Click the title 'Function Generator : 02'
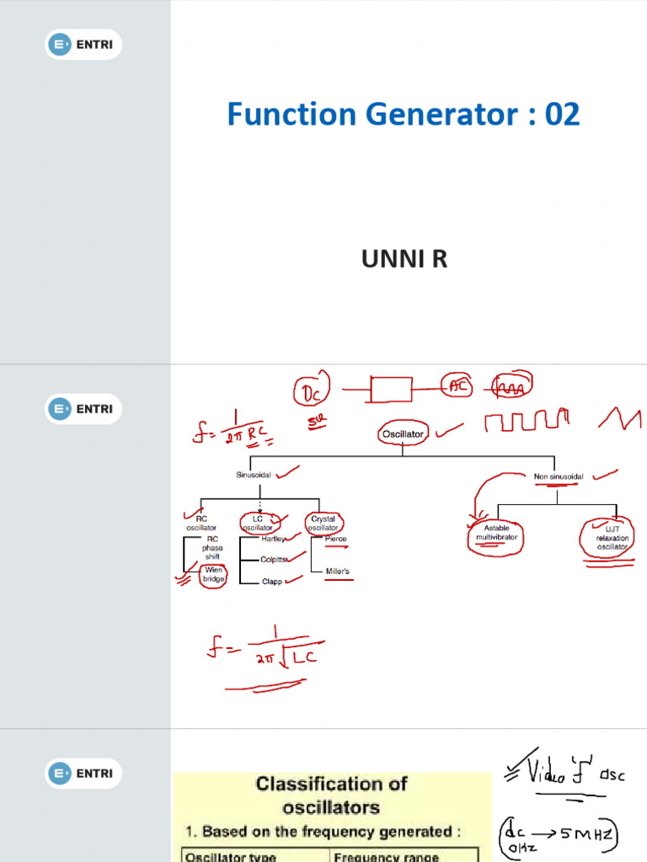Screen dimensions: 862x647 click(403, 114)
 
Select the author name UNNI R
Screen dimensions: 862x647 click(404, 259)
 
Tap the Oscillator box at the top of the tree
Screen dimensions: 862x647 click(404, 434)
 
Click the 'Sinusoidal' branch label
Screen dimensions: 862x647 click(254, 476)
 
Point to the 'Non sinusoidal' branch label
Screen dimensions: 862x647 click(558, 477)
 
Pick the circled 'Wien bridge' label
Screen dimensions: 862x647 click(213, 575)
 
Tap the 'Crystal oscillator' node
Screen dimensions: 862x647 click(323, 524)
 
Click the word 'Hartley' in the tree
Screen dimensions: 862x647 click(273, 539)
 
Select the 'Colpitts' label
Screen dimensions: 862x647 click(274, 560)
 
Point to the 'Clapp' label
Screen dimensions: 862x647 click(271, 582)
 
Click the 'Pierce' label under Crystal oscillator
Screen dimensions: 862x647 click(335, 539)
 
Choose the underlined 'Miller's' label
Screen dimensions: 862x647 click(337, 572)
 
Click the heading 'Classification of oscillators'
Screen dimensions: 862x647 click(331, 795)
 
